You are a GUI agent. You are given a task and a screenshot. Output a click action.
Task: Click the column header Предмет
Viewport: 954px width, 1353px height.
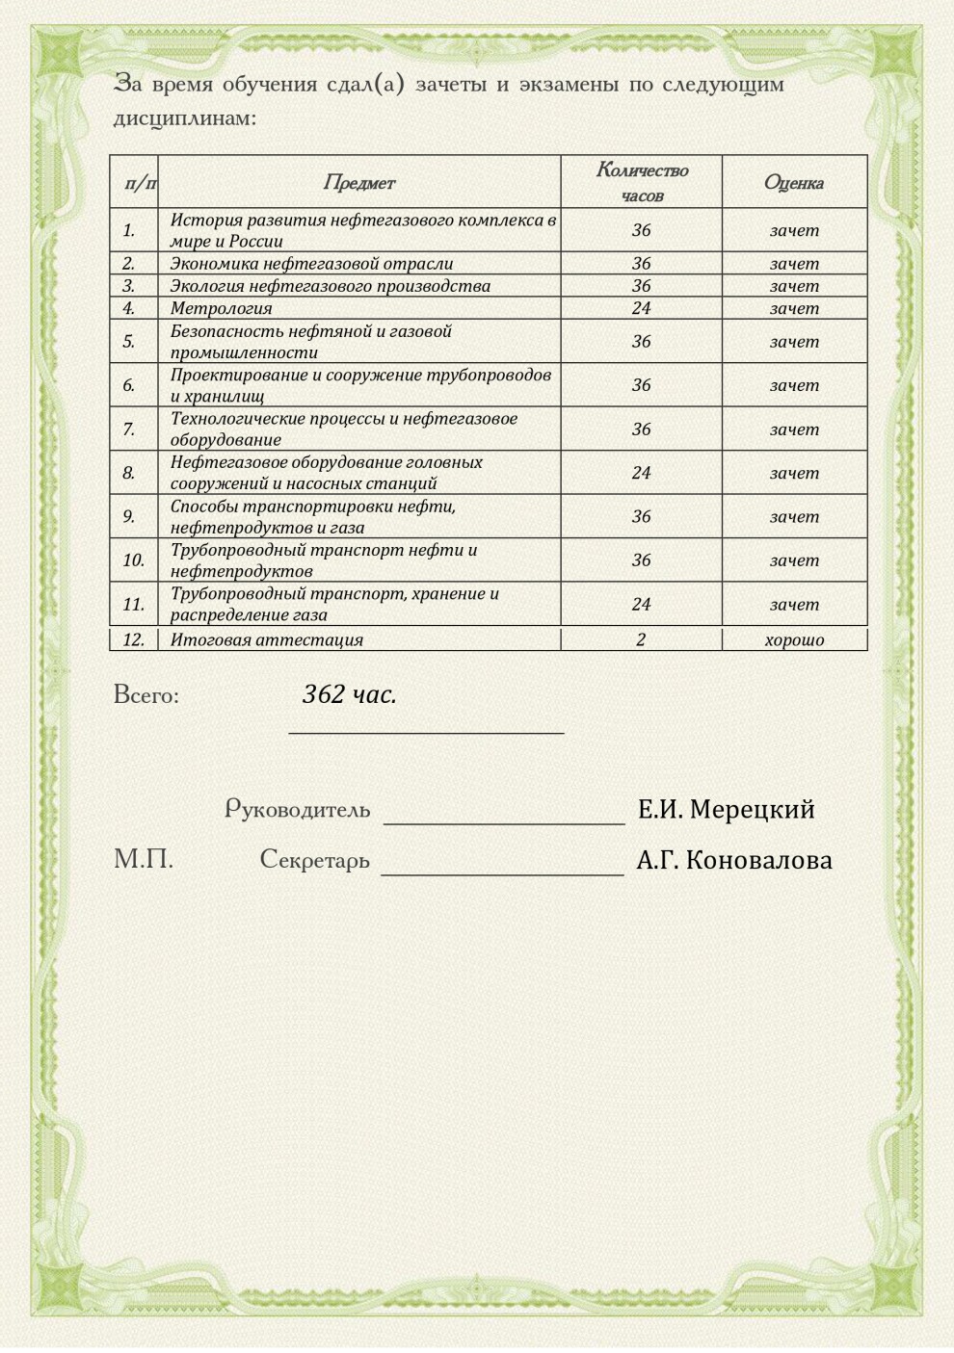358,182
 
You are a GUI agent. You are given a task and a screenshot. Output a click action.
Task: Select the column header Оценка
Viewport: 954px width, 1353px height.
793,182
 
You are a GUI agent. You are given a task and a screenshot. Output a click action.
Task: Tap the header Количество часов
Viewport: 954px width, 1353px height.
642,182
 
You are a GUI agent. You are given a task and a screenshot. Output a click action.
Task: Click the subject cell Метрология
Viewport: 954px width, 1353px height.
221,308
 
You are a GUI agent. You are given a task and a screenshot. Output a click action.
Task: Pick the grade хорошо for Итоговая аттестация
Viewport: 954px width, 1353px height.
794,639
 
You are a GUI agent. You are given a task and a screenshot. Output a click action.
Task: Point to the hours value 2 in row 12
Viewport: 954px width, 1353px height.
641,639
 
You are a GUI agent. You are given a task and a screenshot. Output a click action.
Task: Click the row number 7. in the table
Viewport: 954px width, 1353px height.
129,429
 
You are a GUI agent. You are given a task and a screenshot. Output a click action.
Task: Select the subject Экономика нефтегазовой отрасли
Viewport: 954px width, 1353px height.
311,263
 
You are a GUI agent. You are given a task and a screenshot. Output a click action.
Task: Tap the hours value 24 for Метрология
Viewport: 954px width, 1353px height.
641,308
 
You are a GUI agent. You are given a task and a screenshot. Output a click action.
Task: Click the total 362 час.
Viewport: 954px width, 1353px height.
349,694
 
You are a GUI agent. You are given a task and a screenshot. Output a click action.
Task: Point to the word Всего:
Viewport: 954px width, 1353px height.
146,694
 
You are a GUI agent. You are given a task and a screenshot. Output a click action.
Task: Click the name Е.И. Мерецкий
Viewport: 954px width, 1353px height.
726,809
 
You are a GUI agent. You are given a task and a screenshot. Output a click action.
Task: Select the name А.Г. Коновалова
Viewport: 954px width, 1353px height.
734,860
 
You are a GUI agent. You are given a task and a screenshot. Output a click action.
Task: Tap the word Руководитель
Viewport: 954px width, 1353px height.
297,809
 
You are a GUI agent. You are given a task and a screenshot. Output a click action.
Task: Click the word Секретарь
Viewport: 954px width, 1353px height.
314,859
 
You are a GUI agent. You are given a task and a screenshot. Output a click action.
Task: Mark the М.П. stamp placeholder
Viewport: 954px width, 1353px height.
144,859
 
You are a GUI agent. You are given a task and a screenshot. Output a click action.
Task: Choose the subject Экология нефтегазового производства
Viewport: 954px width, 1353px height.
330,286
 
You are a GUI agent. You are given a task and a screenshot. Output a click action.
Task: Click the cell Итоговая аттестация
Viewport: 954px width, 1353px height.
266,639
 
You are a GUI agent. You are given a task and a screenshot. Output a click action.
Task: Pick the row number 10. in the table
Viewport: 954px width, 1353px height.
133,559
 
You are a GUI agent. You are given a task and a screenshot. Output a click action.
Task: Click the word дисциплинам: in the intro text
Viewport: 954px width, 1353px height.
185,119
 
